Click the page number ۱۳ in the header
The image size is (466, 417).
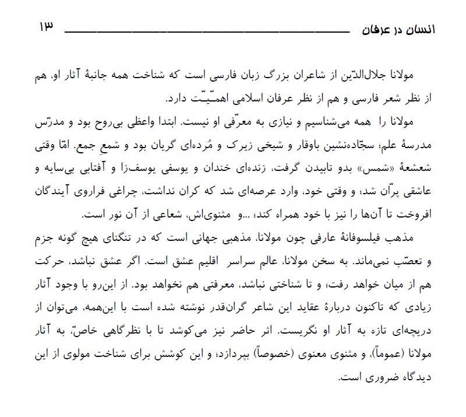(x=45, y=27)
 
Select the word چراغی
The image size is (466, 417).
(x=126, y=192)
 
